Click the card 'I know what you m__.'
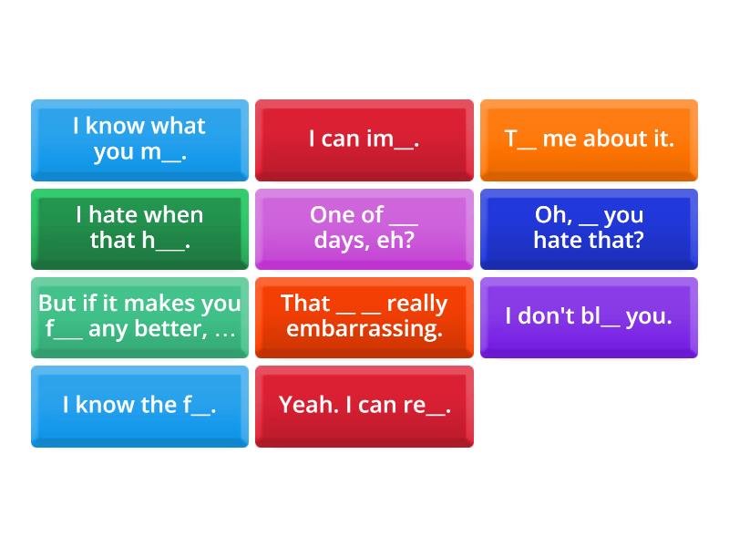click(139, 139)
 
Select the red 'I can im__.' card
click(364, 139)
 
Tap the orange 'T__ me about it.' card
click(589, 139)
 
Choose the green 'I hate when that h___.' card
click(139, 228)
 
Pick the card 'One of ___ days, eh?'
click(364, 228)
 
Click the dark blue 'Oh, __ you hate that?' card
click(589, 228)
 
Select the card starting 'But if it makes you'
click(139, 316)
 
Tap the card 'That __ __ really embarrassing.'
click(364, 316)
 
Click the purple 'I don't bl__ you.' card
click(589, 316)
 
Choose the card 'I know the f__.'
click(139, 406)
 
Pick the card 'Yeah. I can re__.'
click(364, 406)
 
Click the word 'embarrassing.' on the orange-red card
click(364, 329)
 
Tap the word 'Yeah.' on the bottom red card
click(308, 405)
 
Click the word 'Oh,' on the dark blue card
click(553, 215)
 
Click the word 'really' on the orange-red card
click(416, 304)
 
